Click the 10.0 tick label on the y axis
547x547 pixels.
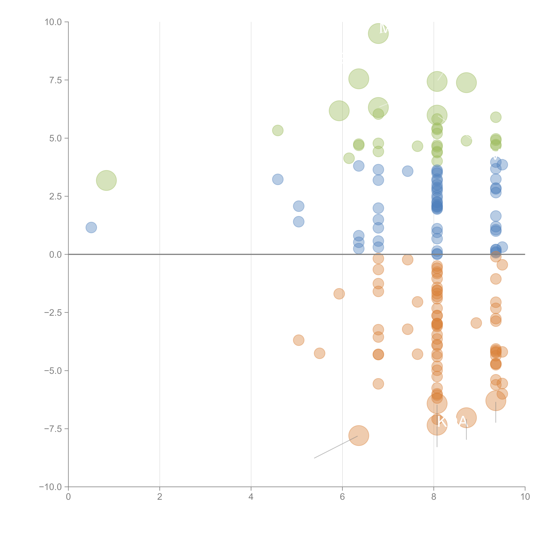coord(53,22)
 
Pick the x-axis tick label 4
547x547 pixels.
coord(251,497)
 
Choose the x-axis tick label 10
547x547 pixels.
coord(525,497)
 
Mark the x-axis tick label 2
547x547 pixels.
coord(160,497)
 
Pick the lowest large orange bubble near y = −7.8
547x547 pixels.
coord(359,435)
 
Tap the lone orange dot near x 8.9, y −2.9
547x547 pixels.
coord(476,323)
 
